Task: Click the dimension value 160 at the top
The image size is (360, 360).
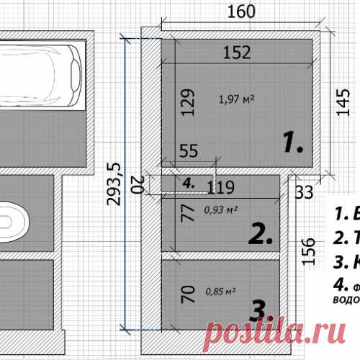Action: coord(242,12)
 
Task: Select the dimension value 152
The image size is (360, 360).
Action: coord(238,52)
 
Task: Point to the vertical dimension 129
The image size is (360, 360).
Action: coord(187,103)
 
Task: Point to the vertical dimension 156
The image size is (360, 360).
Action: coord(308,252)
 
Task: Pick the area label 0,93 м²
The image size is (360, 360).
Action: coord(221,210)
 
